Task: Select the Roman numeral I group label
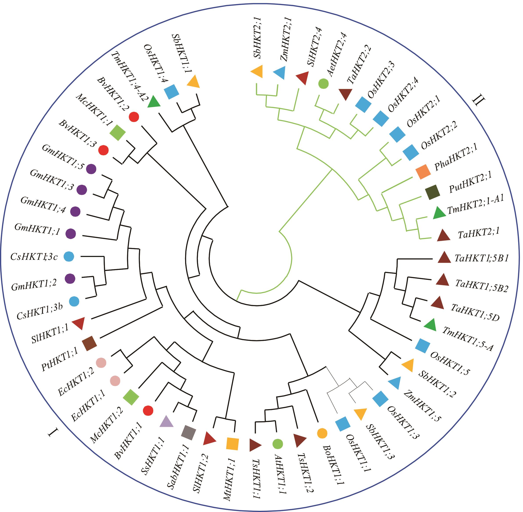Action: tap(54, 433)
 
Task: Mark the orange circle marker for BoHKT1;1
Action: tap(322, 433)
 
